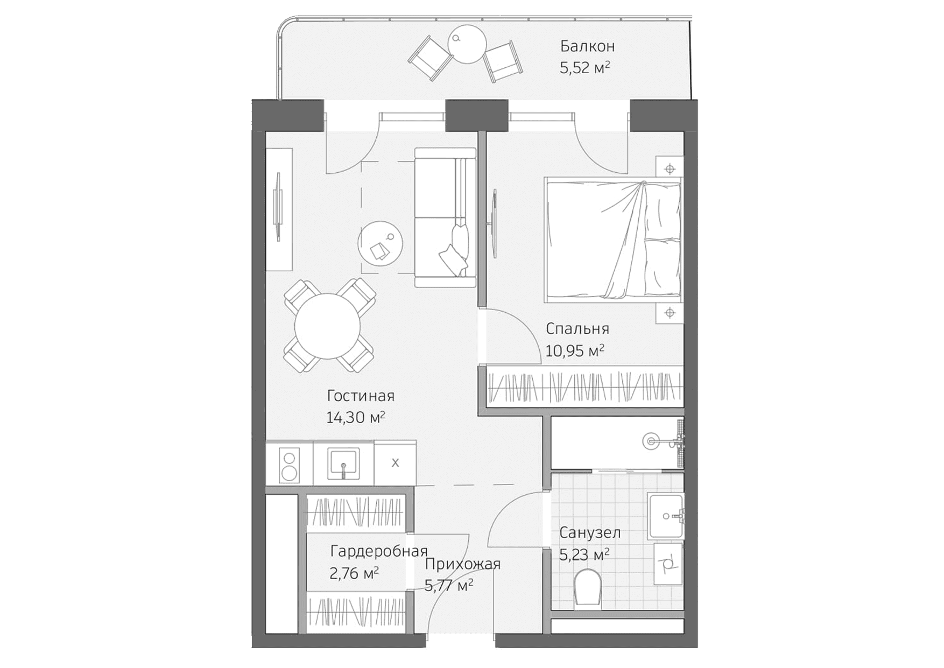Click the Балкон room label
(x=587, y=46)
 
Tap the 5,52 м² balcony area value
(x=584, y=68)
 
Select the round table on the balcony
(x=467, y=45)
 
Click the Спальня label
(x=577, y=328)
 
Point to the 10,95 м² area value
(x=574, y=351)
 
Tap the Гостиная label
(x=361, y=396)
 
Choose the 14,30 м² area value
(x=355, y=417)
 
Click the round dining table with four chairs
(x=327, y=326)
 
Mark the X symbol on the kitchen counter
(x=395, y=463)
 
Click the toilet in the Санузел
(x=587, y=588)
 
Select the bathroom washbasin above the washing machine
(x=666, y=516)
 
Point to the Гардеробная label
(x=378, y=551)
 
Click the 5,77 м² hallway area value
(x=449, y=585)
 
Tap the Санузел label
(x=590, y=533)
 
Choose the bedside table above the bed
(x=670, y=169)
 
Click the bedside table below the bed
(x=670, y=313)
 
